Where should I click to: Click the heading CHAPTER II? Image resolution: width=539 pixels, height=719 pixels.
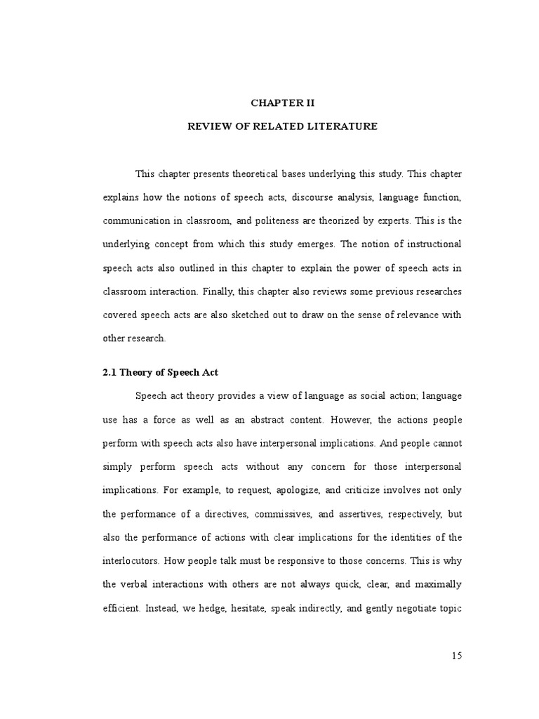[283, 103]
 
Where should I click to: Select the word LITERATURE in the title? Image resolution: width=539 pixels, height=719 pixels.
[343, 126]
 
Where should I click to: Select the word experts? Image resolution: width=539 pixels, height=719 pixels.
[379, 220]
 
